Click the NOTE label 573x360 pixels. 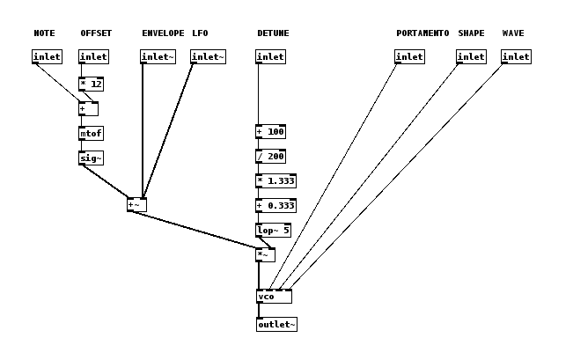coord(44,33)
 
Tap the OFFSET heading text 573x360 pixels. coord(96,33)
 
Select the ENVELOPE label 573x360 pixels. coord(163,33)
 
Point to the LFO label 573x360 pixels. coord(200,33)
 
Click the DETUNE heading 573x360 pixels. coord(273,33)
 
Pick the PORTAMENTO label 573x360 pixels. coord(422,33)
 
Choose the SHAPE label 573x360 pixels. coord(471,33)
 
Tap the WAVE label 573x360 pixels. coord(513,33)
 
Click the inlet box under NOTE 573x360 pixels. coord(47,57)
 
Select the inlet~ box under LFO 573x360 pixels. coord(208,57)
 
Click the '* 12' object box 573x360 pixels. coord(91,84)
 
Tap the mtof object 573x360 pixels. coord(91,134)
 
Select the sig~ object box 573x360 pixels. coord(91,158)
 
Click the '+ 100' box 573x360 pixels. coord(270,132)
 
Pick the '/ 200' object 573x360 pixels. coord(270,157)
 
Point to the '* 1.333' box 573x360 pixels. coord(275,181)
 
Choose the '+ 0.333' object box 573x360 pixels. coord(275,206)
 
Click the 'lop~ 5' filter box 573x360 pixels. coord(272,231)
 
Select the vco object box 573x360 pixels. coord(274,297)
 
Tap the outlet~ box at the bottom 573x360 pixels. coord(276,325)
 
